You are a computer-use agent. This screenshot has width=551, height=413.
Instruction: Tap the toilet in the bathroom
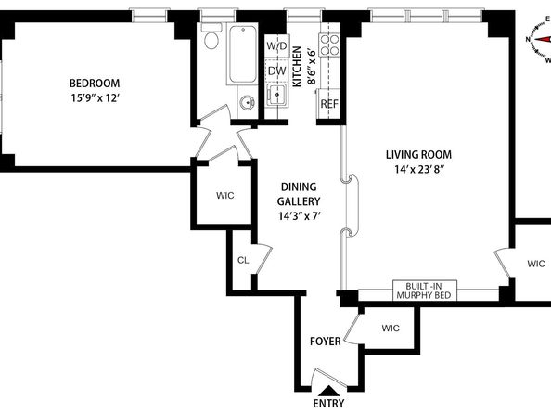click(x=210, y=40)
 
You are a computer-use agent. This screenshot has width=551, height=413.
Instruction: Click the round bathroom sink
click(x=246, y=103)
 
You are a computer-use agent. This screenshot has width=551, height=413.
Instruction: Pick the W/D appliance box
click(x=276, y=46)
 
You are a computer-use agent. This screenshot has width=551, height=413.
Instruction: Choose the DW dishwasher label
click(x=276, y=70)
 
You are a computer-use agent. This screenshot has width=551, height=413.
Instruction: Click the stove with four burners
click(x=329, y=44)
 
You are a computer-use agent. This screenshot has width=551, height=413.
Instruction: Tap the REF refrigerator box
click(x=329, y=103)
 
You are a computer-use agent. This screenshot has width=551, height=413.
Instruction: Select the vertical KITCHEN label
click(x=297, y=67)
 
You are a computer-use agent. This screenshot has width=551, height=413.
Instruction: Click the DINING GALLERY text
click(x=300, y=193)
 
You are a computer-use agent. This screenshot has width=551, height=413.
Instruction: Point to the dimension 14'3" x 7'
click(x=300, y=216)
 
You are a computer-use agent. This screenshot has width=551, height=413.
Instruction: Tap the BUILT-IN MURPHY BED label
click(x=423, y=290)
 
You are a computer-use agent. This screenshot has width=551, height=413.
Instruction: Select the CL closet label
click(x=243, y=261)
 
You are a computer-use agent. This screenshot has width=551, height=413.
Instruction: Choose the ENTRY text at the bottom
click(x=329, y=403)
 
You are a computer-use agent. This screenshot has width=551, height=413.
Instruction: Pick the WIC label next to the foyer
click(x=390, y=328)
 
